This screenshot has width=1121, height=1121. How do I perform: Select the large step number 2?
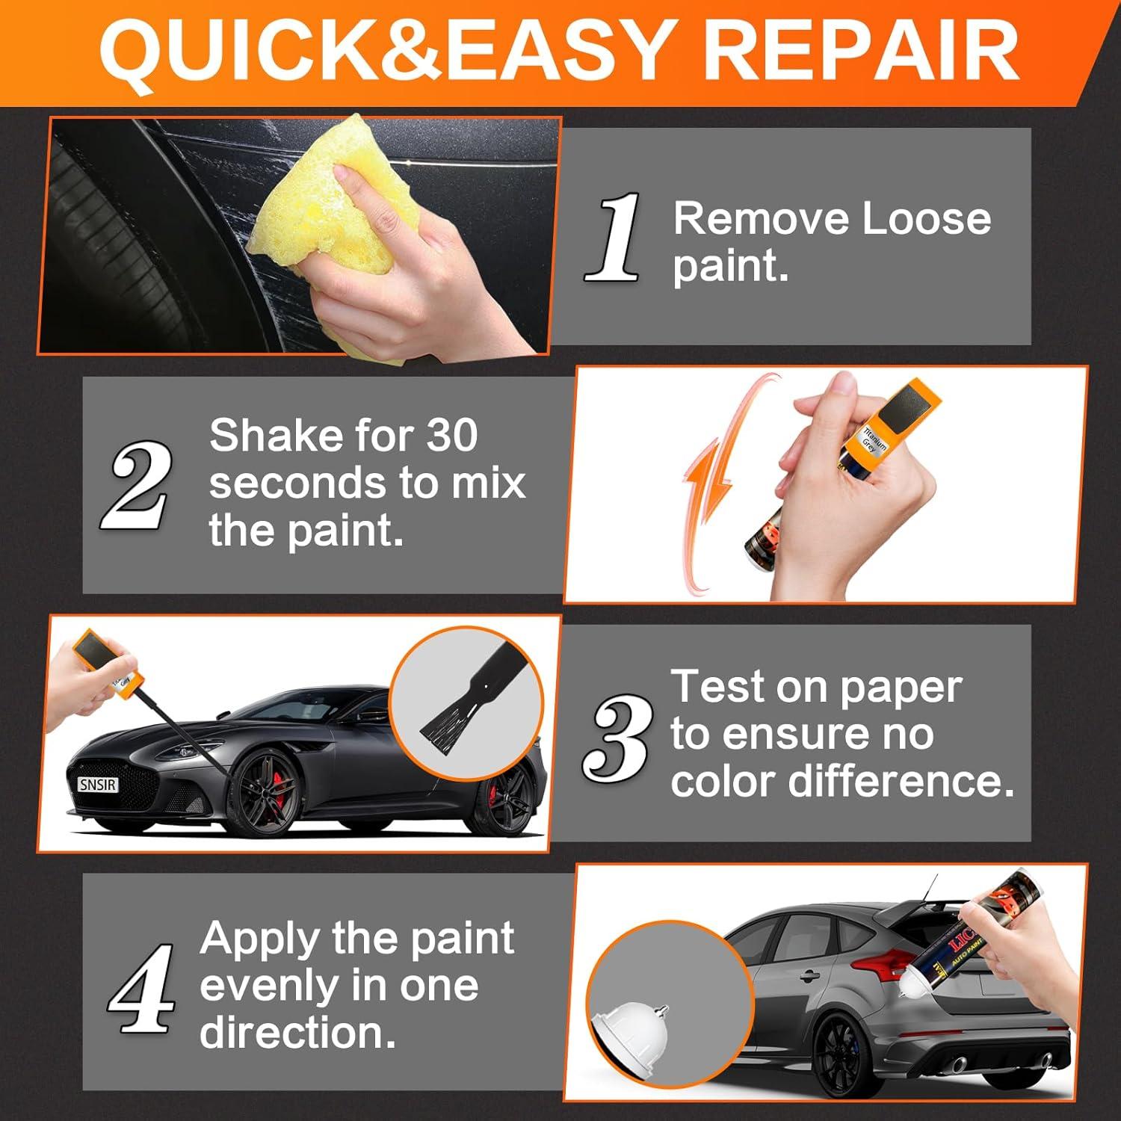pos(135,486)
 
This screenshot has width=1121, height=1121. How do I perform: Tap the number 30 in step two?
pos(451,435)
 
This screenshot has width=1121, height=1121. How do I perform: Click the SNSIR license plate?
pos(98,785)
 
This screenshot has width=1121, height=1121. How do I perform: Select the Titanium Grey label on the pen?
pos(875,440)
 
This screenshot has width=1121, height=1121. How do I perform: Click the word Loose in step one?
pos(926,219)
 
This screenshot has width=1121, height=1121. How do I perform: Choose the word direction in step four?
pos(297,1034)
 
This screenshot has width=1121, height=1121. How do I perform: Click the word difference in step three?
pos(901,782)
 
